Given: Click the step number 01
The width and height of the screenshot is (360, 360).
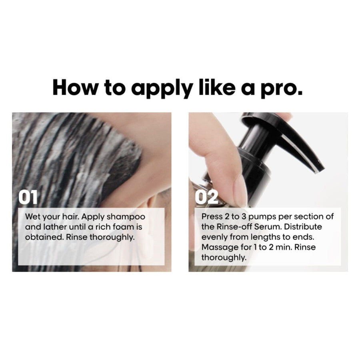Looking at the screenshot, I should tap(28, 197).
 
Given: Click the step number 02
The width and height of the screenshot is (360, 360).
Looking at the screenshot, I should tap(206, 197).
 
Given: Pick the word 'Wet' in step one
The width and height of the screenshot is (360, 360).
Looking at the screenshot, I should tap(32, 217).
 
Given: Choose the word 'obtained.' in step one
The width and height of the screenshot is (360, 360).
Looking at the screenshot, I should tap(44, 237).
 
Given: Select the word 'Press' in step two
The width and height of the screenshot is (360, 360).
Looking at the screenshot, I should tap(211, 217).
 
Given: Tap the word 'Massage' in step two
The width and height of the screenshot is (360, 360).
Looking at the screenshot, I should tap(218, 247).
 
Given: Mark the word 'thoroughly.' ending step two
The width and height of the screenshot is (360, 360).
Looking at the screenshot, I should tap(224, 258).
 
